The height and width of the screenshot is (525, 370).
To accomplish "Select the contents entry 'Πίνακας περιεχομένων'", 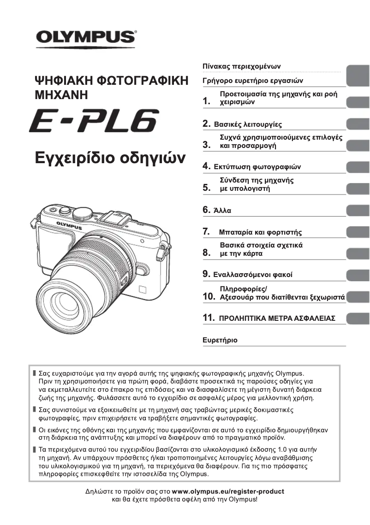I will (x=241, y=66).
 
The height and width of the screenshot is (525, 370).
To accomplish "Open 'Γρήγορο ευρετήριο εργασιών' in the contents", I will (x=253, y=81).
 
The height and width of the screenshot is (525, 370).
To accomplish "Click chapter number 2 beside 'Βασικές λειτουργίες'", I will (x=207, y=124).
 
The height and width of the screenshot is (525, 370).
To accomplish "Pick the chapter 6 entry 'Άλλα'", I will (x=222, y=211).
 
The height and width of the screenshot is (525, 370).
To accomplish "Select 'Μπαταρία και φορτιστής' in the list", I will (x=261, y=232).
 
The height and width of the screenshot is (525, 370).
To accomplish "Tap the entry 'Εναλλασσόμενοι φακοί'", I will (x=253, y=275).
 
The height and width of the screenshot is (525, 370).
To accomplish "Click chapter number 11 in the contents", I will (x=209, y=318).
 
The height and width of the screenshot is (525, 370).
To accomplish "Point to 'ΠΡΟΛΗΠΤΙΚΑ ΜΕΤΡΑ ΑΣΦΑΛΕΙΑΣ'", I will (x=277, y=319).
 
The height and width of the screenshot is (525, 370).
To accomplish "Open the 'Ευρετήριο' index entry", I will (x=220, y=340).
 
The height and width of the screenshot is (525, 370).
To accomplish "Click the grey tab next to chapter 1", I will (x=358, y=101).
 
